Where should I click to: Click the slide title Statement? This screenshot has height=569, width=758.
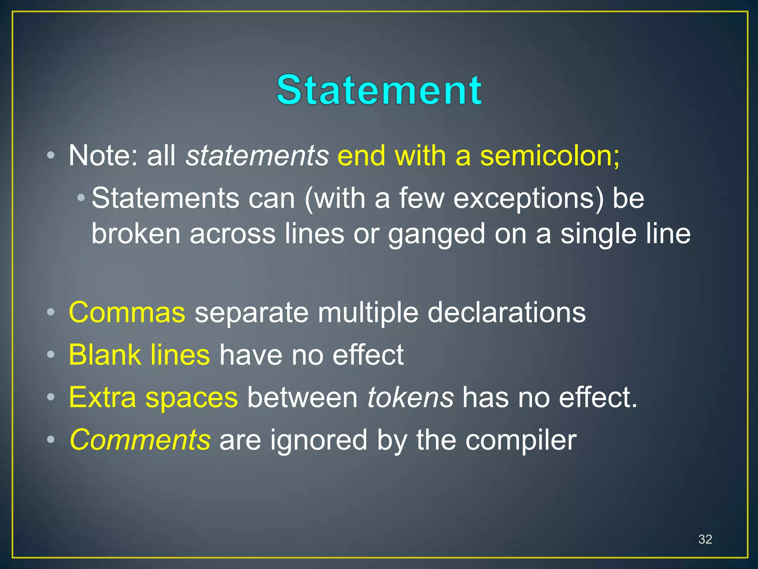coord(379,90)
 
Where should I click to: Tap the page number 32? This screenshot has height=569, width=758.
coord(705,539)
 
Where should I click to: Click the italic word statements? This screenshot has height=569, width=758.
coord(257,156)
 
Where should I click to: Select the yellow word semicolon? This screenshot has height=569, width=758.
coord(550,156)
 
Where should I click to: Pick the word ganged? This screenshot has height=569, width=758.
coord(436,234)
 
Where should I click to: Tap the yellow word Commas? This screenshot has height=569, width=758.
coord(127,312)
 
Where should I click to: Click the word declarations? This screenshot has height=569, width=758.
coord(506,312)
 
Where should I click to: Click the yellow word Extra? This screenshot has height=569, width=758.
coord(103,397)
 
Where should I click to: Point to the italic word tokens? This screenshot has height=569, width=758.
coord(410,397)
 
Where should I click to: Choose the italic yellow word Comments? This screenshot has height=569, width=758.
coord(140,440)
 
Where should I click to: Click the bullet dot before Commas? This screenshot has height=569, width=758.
coord(51,313)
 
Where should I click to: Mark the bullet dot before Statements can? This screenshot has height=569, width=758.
coord(81,198)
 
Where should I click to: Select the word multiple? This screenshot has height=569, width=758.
coord(368,312)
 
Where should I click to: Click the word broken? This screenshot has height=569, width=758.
coord(136,234)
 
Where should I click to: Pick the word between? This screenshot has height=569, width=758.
coord(302,397)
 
